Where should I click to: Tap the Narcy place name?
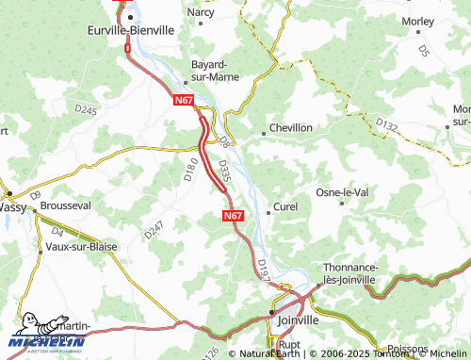click(x=201, y=12)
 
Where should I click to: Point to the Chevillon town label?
click(x=291, y=127)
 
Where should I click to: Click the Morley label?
click(x=417, y=20)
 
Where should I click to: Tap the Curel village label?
click(x=285, y=206)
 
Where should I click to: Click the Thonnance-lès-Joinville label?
click(x=349, y=273)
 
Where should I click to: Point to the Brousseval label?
click(x=65, y=205)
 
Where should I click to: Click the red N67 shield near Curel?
click(x=235, y=216)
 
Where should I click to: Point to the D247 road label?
click(x=154, y=229)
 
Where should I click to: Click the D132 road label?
click(x=386, y=123)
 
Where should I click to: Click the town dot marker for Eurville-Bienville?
click(x=131, y=16)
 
